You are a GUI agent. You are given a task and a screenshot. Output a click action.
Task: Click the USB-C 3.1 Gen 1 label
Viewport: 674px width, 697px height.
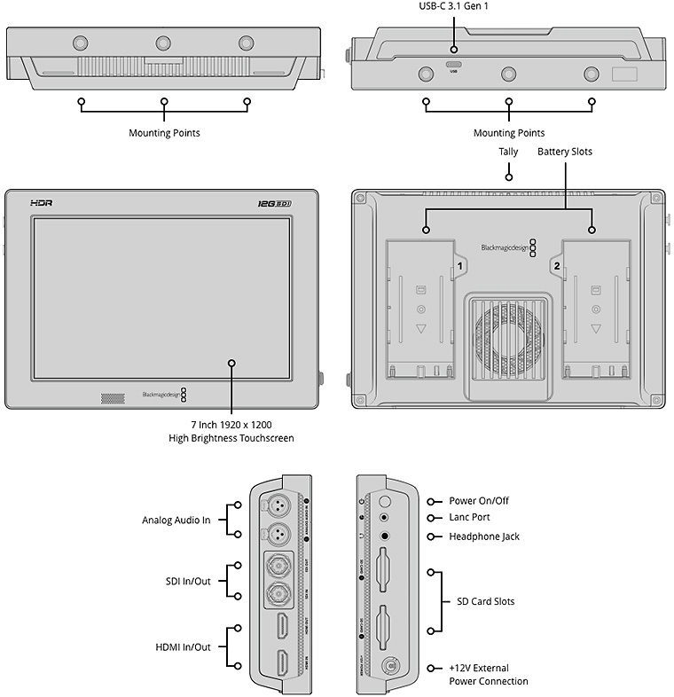click(x=453, y=6)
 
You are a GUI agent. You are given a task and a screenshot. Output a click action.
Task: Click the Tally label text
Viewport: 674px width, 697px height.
click(x=508, y=152)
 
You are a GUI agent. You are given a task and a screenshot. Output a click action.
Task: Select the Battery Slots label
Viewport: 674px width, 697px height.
click(x=565, y=152)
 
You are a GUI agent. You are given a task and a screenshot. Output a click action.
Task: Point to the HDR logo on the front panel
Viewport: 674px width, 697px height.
click(x=42, y=203)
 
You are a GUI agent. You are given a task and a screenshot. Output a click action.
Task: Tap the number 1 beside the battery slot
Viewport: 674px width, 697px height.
click(x=459, y=265)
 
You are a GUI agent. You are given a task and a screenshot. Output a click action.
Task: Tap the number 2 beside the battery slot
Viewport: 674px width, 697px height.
click(x=557, y=265)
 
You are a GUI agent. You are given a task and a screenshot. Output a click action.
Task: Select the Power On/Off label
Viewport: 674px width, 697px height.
click(x=480, y=501)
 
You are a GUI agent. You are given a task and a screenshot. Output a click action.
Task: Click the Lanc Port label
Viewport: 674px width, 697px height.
click(x=470, y=518)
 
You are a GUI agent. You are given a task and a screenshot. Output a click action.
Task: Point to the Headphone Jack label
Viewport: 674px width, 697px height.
click(x=484, y=536)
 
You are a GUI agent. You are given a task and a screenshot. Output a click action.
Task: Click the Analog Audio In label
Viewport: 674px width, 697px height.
click(x=176, y=521)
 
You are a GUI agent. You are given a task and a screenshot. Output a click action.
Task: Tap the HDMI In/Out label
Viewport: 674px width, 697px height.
click(x=183, y=647)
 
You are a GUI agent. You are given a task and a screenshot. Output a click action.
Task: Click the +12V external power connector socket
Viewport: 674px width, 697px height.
click(x=388, y=667)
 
